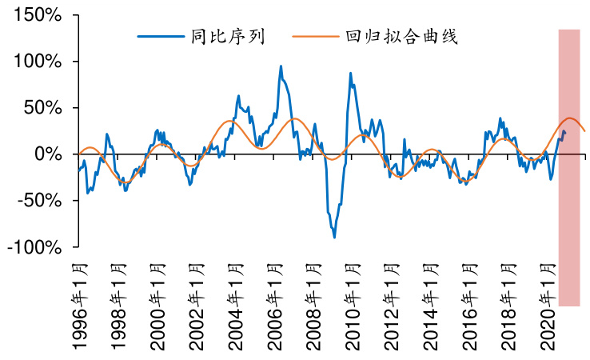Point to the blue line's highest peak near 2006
[x=281, y=66]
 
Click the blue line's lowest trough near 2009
[x=334, y=238]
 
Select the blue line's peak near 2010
[x=350, y=73]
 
